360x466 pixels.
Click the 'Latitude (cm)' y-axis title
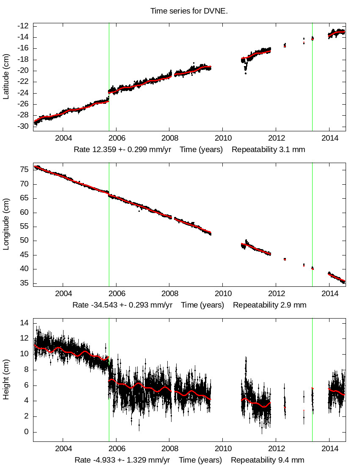tap(6, 77)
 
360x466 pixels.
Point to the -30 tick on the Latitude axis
tap(23, 127)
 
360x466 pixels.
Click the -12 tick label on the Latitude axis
tap(23, 26)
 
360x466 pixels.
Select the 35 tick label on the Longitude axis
tap(25, 283)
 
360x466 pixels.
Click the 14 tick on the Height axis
tap(25, 323)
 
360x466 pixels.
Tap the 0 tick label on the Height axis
tap(26, 432)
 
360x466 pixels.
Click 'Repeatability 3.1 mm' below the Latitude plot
tap(268, 150)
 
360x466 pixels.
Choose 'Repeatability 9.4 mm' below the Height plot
tap(267, 460)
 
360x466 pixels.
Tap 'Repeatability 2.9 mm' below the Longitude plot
tap(269, 305)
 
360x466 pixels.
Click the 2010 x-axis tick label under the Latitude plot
tap(223, 139)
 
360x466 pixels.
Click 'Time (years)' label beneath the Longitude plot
tap(202, 305)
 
